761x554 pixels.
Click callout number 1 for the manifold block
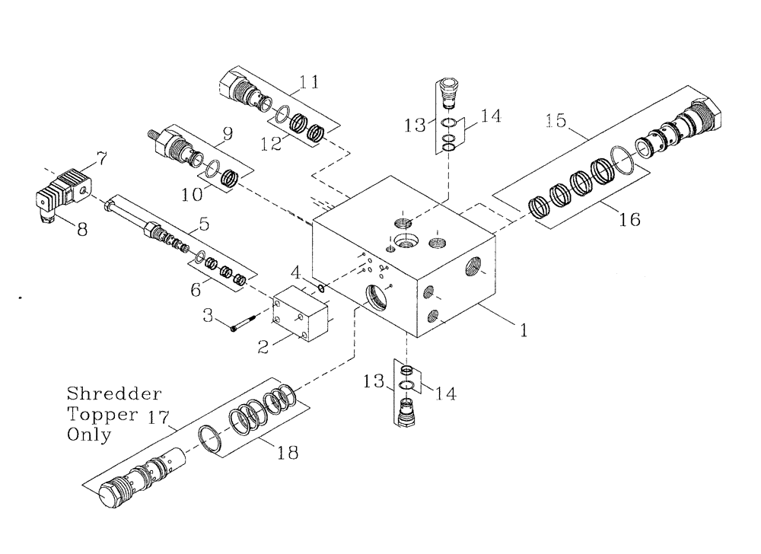pyautogui.click(x=524, y=330)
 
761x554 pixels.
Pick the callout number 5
pyautogui.click(x=203, y=224)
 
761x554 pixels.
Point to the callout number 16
pyautogui.click(x=629, y=219)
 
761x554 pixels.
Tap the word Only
pyautogui.click(x=89, y=435)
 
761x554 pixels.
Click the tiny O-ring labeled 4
pyautogui.click(x=323, y=288)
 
